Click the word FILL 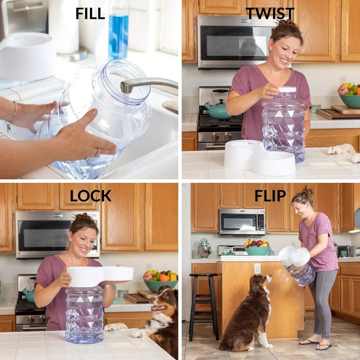[x=90, y=13]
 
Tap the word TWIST [x=270, y=13]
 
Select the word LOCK [x=90, y=196]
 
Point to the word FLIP [x=270, y=196]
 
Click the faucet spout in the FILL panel [x=144, y=84]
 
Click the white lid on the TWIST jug [x=287, y=90]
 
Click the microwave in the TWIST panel [x=234, y=42]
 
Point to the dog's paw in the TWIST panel [x=342, y=150]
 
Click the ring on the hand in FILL [x=96, y=152]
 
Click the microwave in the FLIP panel [x=242, y=222]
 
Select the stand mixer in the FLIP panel [x=204, y=249]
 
